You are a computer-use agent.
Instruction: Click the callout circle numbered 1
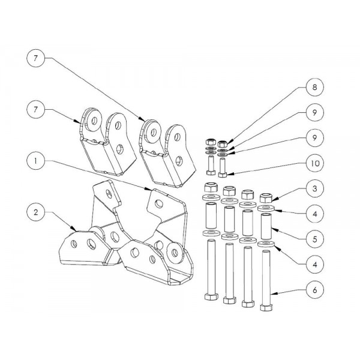tap(37, 161)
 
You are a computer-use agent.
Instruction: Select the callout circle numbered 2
tap(37, 212)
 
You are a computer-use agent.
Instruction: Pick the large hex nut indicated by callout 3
tap(265, 197)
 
